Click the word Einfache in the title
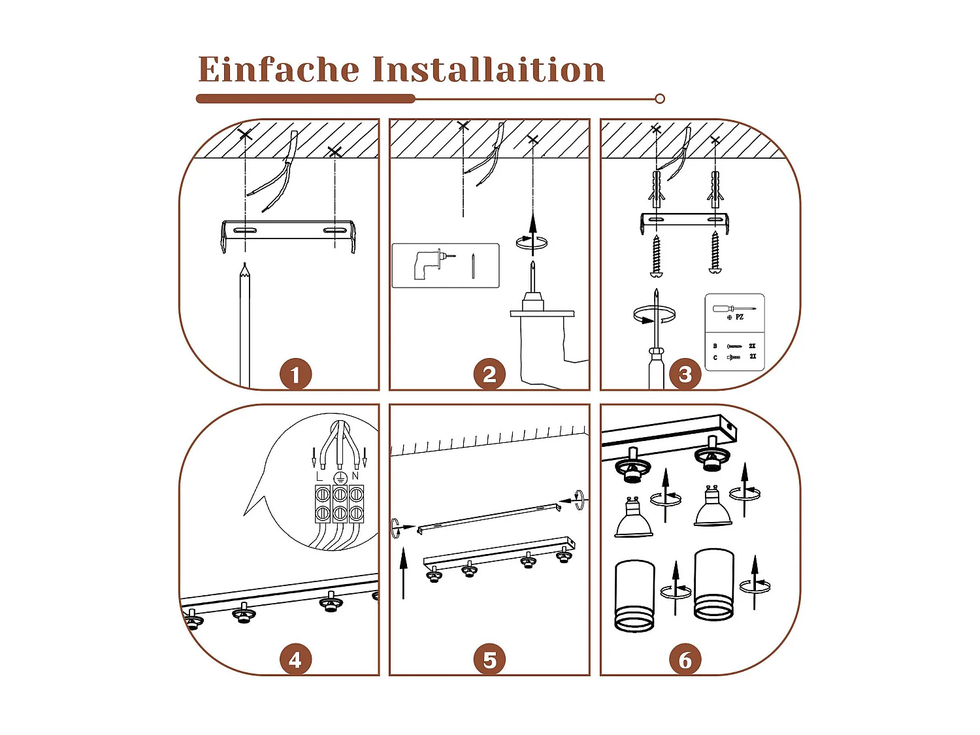click(278, 69)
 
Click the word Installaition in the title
click(489, 69)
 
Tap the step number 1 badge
click(295, 374)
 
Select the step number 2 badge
click(489, 374)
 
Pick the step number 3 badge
click(685, 374)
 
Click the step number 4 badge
click(295, 660)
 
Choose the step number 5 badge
click(489, 660)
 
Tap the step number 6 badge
click(685, 660)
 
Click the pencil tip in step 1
click(244, 267)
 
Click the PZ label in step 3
click(739, 317)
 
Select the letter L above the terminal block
click(319, 476)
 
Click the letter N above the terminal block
click(355, 476)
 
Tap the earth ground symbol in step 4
click(339, 478)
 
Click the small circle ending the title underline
click(660, 99)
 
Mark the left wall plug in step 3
click(657, 186)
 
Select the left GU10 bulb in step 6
click(633, 519)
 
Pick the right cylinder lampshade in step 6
click(714, 585)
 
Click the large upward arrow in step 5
click(403, 572)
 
